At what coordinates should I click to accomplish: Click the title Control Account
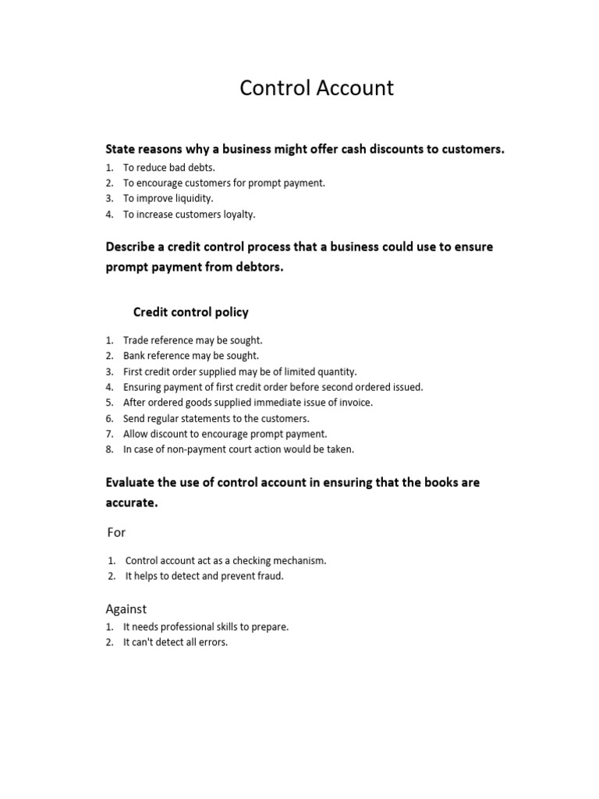[317, 88]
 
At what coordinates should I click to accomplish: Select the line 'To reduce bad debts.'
[169, 168]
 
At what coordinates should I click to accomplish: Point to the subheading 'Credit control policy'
[191, 312]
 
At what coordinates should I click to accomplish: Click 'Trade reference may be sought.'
[193, 340]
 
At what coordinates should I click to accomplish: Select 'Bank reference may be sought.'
[191, 356]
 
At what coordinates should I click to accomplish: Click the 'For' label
[115, 532]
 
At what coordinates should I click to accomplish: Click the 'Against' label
[126, 609]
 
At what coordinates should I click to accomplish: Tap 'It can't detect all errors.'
[175, 643]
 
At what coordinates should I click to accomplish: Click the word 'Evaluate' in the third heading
[130, 483]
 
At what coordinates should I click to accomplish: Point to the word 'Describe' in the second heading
[130, 247]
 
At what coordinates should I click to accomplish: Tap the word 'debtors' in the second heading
[245, 268]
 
